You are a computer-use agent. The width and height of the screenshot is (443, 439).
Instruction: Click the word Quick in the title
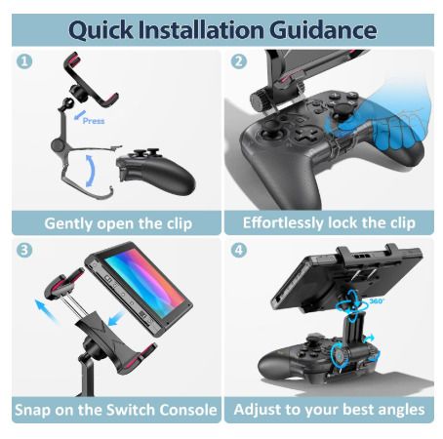pyautogui.click(x=101, y=30)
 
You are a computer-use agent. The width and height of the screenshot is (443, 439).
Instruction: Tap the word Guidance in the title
pyautogui.click(x=323, y=30)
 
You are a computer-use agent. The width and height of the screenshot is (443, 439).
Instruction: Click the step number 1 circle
pyautogui.click(x=24, y=60)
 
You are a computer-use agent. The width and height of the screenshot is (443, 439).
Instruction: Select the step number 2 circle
pyautogui.click(x=239, y=60)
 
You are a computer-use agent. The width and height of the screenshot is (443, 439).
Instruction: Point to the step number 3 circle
pyautogui.click(x=24, y=250)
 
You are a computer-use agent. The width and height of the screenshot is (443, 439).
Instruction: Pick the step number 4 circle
pyautogui.click(x=239, y=250)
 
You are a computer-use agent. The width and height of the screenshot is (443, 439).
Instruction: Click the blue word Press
pyautogui.click(x=94, y=121)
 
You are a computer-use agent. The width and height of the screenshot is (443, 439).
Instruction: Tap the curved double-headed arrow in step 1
pyautogui.click(x=92, y=171)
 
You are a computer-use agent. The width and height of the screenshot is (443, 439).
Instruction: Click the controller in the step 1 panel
pyautogui.click(x=156, y=171)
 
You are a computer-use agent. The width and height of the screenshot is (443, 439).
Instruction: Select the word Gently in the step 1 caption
pyautogui.click(x=68, y=223)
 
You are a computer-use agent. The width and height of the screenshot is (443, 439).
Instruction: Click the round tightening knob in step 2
pyautogui.click(x=260, y=100)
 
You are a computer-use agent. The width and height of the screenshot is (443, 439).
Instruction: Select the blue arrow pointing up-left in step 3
pyautogui.click(x=46, y=311)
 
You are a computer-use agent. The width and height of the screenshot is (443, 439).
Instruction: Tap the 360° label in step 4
pyautogui.click(x=377, y=301)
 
